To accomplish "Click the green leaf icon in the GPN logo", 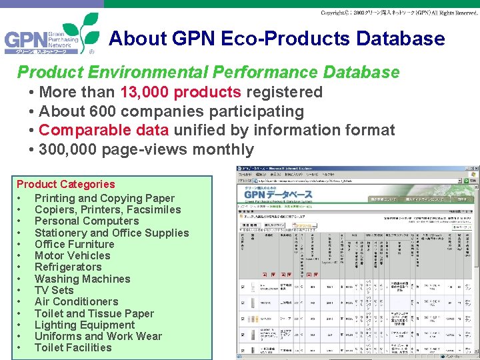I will coord(81,30).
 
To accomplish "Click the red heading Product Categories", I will coord(65,184).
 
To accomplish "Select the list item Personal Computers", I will coord(86,221).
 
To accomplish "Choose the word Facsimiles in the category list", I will coord(154,209).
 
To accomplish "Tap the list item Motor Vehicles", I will coord(72,255).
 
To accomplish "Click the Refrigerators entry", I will coord(68,267).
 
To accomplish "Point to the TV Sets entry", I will coord(54,290).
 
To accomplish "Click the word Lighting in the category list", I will coord(56,325).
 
